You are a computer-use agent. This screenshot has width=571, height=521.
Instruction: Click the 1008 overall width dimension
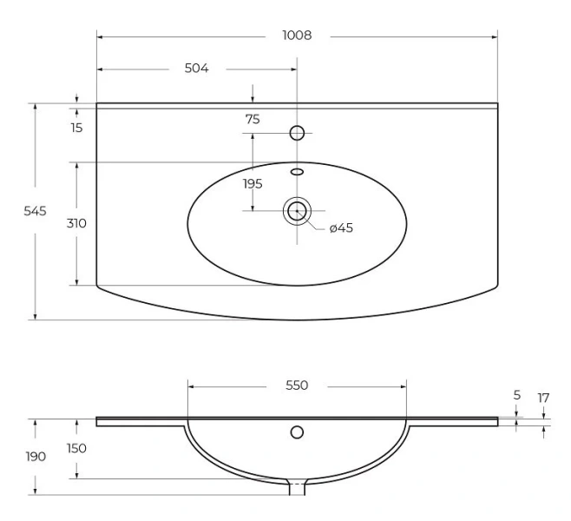pos(297,36)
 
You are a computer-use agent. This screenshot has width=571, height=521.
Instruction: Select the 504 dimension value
pos(197,68)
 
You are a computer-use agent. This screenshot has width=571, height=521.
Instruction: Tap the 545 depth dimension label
pos(35,211)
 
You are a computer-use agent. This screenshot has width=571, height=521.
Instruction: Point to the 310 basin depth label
pos(76,223)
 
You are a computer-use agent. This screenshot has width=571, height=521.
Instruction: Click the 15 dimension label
pos(77,128)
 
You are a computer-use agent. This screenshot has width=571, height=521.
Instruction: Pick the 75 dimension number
pos(253,119)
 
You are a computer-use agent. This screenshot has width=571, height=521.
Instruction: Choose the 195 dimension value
pos(253,183)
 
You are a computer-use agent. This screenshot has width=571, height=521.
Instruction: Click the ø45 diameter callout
pos(341,228)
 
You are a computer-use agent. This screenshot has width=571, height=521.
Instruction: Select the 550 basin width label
pos(297,385)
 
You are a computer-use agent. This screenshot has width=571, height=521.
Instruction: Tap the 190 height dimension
pos(36,456)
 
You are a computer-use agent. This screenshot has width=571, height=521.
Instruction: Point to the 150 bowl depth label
pos(76,448)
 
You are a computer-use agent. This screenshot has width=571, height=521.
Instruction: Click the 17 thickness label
pos(543,398)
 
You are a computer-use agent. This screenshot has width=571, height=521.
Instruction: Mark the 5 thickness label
pos(517,395)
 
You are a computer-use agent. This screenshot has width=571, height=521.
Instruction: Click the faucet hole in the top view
pos(297,133)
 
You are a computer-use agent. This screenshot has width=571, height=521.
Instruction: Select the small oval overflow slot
pos(297,172)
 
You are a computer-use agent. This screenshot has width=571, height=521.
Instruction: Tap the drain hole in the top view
pos(297,211)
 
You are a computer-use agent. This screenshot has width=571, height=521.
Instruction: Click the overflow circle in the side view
pos(297,432)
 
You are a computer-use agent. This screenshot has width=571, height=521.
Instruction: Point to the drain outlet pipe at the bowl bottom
pos(297,487)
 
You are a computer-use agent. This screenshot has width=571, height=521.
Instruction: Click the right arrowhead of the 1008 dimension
pos(495,36)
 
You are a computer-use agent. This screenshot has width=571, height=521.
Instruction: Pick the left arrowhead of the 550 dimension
pos(191,386)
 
